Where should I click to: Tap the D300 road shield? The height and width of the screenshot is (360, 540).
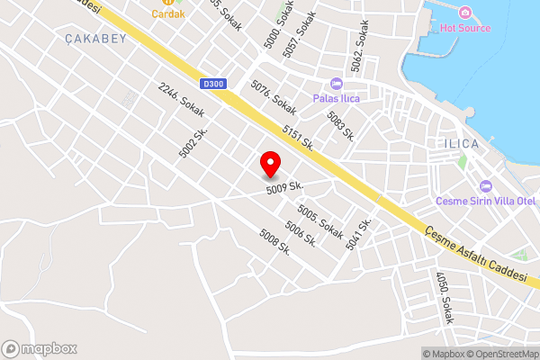[213, 84]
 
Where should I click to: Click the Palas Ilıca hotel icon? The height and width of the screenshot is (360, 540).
[337, 83]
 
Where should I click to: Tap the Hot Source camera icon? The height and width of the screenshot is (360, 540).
[465, 13]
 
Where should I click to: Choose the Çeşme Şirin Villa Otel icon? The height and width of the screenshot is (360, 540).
[486, 185]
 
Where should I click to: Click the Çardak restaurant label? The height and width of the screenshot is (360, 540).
[167, 13]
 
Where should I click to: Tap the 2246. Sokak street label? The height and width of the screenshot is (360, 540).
[181, 100]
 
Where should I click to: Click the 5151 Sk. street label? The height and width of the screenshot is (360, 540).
[297, 138]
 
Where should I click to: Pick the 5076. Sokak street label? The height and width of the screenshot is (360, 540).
[273, 94]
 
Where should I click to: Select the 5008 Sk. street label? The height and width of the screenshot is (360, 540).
[274, 241]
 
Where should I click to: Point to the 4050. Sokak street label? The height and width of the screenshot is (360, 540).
[444, 298]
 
